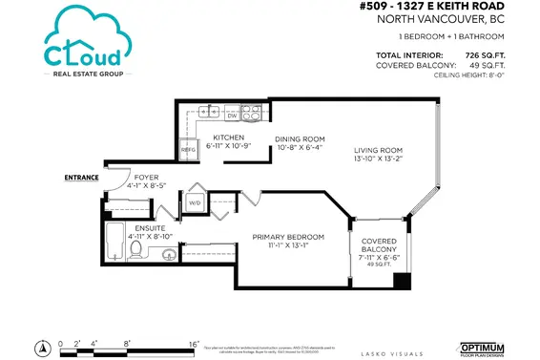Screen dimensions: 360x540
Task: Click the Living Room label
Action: tap(380, 151)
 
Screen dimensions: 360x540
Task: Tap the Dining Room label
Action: tap(300, 140)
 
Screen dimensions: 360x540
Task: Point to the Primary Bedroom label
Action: tap(288, 237)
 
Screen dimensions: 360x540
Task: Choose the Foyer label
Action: tap(146, 176)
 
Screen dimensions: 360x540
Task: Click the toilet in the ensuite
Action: tap(136, 251)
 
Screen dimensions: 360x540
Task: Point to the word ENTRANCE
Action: tap(81, 178)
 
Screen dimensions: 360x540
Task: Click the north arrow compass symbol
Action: tap(42, 346)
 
